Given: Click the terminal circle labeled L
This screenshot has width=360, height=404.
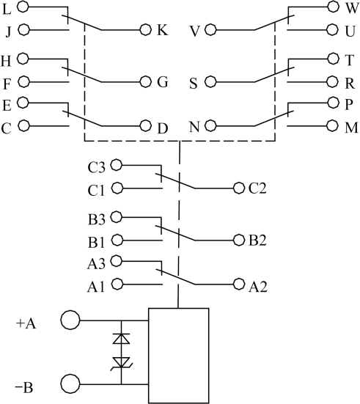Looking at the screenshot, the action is tap(23, 7).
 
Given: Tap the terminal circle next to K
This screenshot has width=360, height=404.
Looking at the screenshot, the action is tap(146, 30).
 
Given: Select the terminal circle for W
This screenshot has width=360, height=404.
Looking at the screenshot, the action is tap(333, 7).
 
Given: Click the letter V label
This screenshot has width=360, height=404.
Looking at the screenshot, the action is tap(195, 32).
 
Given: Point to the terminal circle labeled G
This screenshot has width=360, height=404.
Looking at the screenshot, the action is tap(146, 82).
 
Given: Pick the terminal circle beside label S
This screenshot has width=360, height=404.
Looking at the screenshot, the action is tap(210, 82).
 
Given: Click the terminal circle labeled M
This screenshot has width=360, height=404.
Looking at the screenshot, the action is tap(332, 125).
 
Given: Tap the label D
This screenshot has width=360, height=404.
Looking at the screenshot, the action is tap(162, 128).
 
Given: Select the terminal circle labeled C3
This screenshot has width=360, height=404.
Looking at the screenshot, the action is tap(117, 165).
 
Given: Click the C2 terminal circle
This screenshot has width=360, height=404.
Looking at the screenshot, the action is tap(239, 188).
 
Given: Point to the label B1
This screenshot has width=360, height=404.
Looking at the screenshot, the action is tap(96, 243).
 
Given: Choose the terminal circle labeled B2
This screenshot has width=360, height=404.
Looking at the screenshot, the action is tap(239, 240).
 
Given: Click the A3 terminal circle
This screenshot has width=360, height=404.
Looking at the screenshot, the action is tap(117, 261).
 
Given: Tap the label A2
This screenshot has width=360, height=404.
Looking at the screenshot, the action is tap(257, 287).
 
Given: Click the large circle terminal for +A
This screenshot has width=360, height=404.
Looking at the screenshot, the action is tap(70, 320).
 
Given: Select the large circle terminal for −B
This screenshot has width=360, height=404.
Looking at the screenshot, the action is tap(70, 384).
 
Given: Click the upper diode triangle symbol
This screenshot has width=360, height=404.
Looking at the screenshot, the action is tap(121, 339).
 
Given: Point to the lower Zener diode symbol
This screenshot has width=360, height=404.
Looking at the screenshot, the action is tap(121, 363).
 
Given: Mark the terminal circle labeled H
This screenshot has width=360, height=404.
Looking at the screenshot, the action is tap(23, 59).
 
